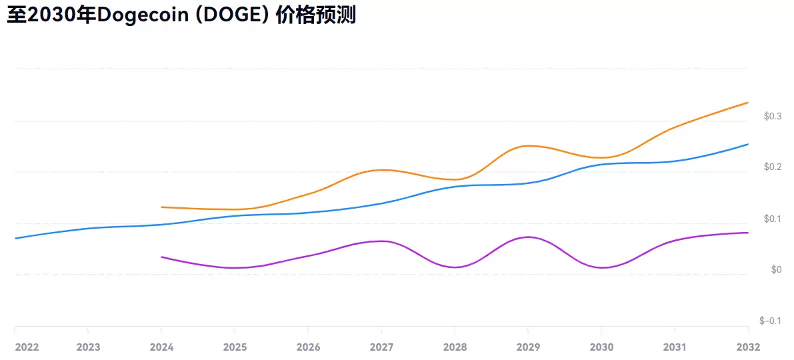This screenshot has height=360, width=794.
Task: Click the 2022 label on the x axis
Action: (x=27, y=347)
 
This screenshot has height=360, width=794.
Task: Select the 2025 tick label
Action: (x=235, y=347)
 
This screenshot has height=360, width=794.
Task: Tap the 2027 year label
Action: (x=381, y=347)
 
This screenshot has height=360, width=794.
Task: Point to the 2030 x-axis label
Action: (x=601, y=347)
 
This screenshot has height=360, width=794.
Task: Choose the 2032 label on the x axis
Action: (x=748, y=347)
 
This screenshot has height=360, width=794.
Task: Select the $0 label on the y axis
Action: (x=776, y=270)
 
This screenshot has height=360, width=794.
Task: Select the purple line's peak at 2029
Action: (x=528, y=237)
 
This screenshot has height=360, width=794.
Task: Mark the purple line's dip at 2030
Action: (x=601, y=267)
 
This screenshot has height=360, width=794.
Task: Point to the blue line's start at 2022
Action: (x=15, y=238)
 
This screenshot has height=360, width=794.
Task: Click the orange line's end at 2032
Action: (x=747, y=103)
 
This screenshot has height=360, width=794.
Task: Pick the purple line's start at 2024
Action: (x=162, y=257)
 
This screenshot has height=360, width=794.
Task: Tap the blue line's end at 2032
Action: (x=747, y=144)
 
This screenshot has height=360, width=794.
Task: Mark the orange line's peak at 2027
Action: (x=381, y=170)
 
